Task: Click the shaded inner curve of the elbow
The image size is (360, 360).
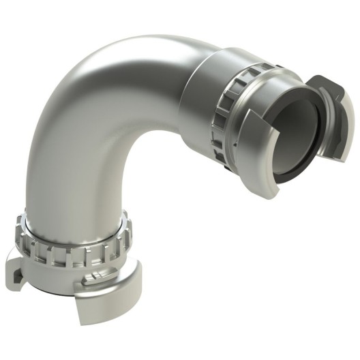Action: pyautogui.click(x=140, y=147)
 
